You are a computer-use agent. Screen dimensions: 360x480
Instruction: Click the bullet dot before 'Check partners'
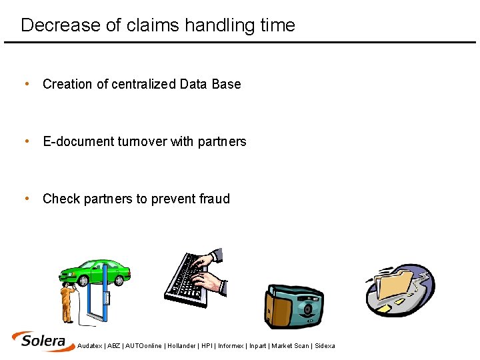point(26,198)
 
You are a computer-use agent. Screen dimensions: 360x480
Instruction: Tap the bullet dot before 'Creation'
point(26,83)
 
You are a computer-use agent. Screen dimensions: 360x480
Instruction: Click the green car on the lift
point(95,271)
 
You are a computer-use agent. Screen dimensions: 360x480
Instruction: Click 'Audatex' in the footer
point(90,346)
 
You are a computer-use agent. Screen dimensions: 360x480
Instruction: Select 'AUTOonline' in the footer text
point(144,346)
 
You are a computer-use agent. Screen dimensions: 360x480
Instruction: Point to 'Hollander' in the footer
point(181,346)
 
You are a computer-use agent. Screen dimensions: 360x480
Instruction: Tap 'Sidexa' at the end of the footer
point(325,346)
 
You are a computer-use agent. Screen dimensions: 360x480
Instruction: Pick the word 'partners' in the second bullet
point(222,141)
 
